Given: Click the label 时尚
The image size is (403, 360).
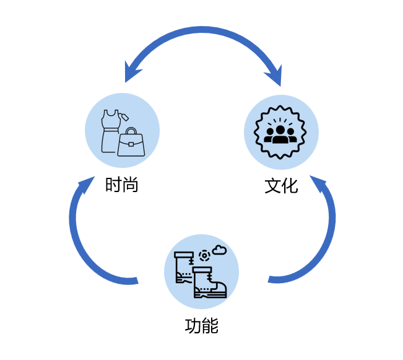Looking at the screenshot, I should [x=121, y=185].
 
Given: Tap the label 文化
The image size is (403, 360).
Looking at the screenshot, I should [x=282, y=185].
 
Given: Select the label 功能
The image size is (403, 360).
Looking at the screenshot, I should [x=201, y=325].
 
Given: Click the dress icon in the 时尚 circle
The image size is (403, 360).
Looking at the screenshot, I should [x=110, y=131].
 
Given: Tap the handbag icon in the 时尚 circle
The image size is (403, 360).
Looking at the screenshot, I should [x=131, y=143].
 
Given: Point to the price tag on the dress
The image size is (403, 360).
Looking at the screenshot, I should [x=124, y=116].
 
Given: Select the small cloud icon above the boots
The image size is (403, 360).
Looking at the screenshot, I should [x=219, y=250].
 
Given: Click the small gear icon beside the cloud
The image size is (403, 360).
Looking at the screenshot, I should [x=204, y=255].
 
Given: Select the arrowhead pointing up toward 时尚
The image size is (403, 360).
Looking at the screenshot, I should [x=85, y=185].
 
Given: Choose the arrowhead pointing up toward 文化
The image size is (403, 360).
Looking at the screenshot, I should [x=319, y=184].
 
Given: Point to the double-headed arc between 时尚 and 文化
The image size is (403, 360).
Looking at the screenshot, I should [x=202, y=31].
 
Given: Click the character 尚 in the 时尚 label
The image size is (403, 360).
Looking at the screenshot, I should [x=130, y=185].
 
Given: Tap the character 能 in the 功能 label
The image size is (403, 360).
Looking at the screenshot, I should [x=210, y=325].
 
